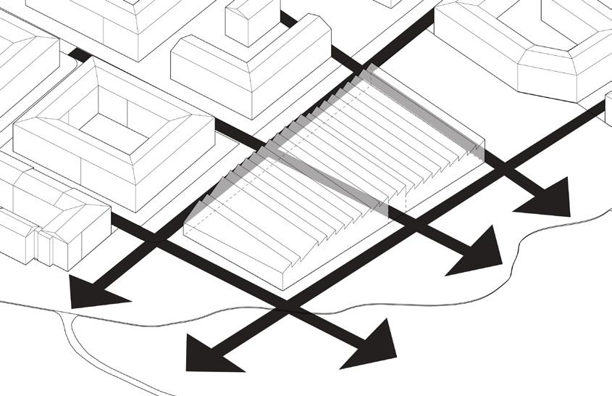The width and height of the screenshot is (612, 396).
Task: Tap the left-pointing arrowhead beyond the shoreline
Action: pos(206,352)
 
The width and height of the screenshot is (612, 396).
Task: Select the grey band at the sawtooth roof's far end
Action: pos(427,109)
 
